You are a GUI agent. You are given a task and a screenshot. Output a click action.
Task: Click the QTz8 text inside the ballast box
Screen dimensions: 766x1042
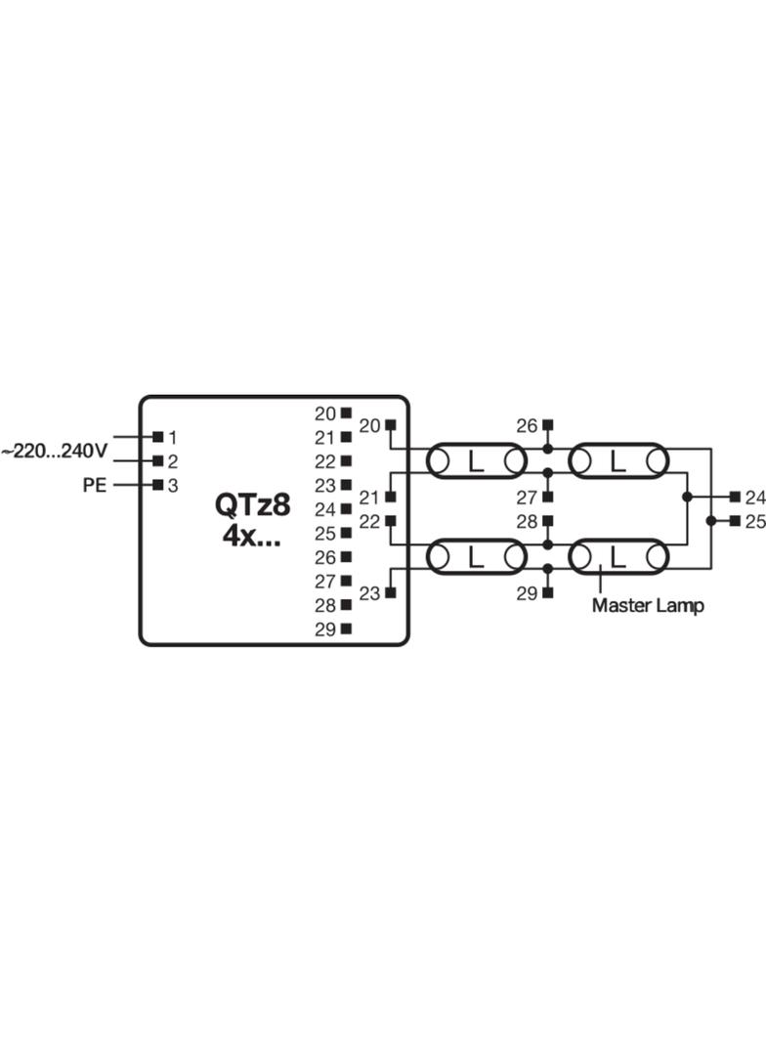tap(252, 505)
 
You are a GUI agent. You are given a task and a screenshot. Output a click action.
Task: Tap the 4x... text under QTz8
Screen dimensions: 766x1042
tap(251, 536)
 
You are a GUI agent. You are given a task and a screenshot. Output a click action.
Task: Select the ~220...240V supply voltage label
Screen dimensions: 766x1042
tap(54, 452)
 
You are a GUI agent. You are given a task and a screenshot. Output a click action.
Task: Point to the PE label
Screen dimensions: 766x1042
tap(95, 485)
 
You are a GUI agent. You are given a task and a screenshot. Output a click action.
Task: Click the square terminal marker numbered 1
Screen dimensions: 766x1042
tap(158, 437)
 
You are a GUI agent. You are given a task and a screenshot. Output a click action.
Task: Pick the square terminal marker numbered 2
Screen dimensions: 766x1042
tap(158, 460)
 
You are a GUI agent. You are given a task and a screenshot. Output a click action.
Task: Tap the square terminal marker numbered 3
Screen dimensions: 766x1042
tap(158, 485)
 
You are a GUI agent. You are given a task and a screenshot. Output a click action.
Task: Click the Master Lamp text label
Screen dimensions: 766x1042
tap(648, 605)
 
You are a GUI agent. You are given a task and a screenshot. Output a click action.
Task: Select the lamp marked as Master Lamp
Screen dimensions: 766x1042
tap(617, 557)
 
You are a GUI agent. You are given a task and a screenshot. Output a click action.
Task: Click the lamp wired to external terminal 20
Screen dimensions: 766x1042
tap(476, 461)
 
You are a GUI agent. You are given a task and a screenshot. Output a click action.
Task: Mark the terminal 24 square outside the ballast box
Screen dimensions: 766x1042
tap(735, 497)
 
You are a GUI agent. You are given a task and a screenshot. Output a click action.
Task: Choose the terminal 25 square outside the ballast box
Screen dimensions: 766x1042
tap(735, 521)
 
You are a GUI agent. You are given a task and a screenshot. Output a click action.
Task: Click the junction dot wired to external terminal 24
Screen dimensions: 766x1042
tap(688, 497)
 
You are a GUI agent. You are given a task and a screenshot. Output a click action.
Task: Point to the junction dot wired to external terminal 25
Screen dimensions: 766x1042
tap(711, 521)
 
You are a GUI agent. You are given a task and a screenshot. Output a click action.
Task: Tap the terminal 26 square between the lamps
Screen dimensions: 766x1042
tap(547, 424)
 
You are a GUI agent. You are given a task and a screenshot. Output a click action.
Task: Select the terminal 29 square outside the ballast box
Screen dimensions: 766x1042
tap(547, 592)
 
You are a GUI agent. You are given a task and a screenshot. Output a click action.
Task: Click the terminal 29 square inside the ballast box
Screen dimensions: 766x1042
tap(346, 628)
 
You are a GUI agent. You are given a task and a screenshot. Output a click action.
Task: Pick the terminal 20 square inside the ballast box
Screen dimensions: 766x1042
tap(346, 412)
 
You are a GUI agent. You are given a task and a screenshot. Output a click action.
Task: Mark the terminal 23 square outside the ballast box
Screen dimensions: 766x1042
tap(391, 592)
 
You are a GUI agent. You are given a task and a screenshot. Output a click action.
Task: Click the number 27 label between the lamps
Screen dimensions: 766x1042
tap(527, 498)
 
